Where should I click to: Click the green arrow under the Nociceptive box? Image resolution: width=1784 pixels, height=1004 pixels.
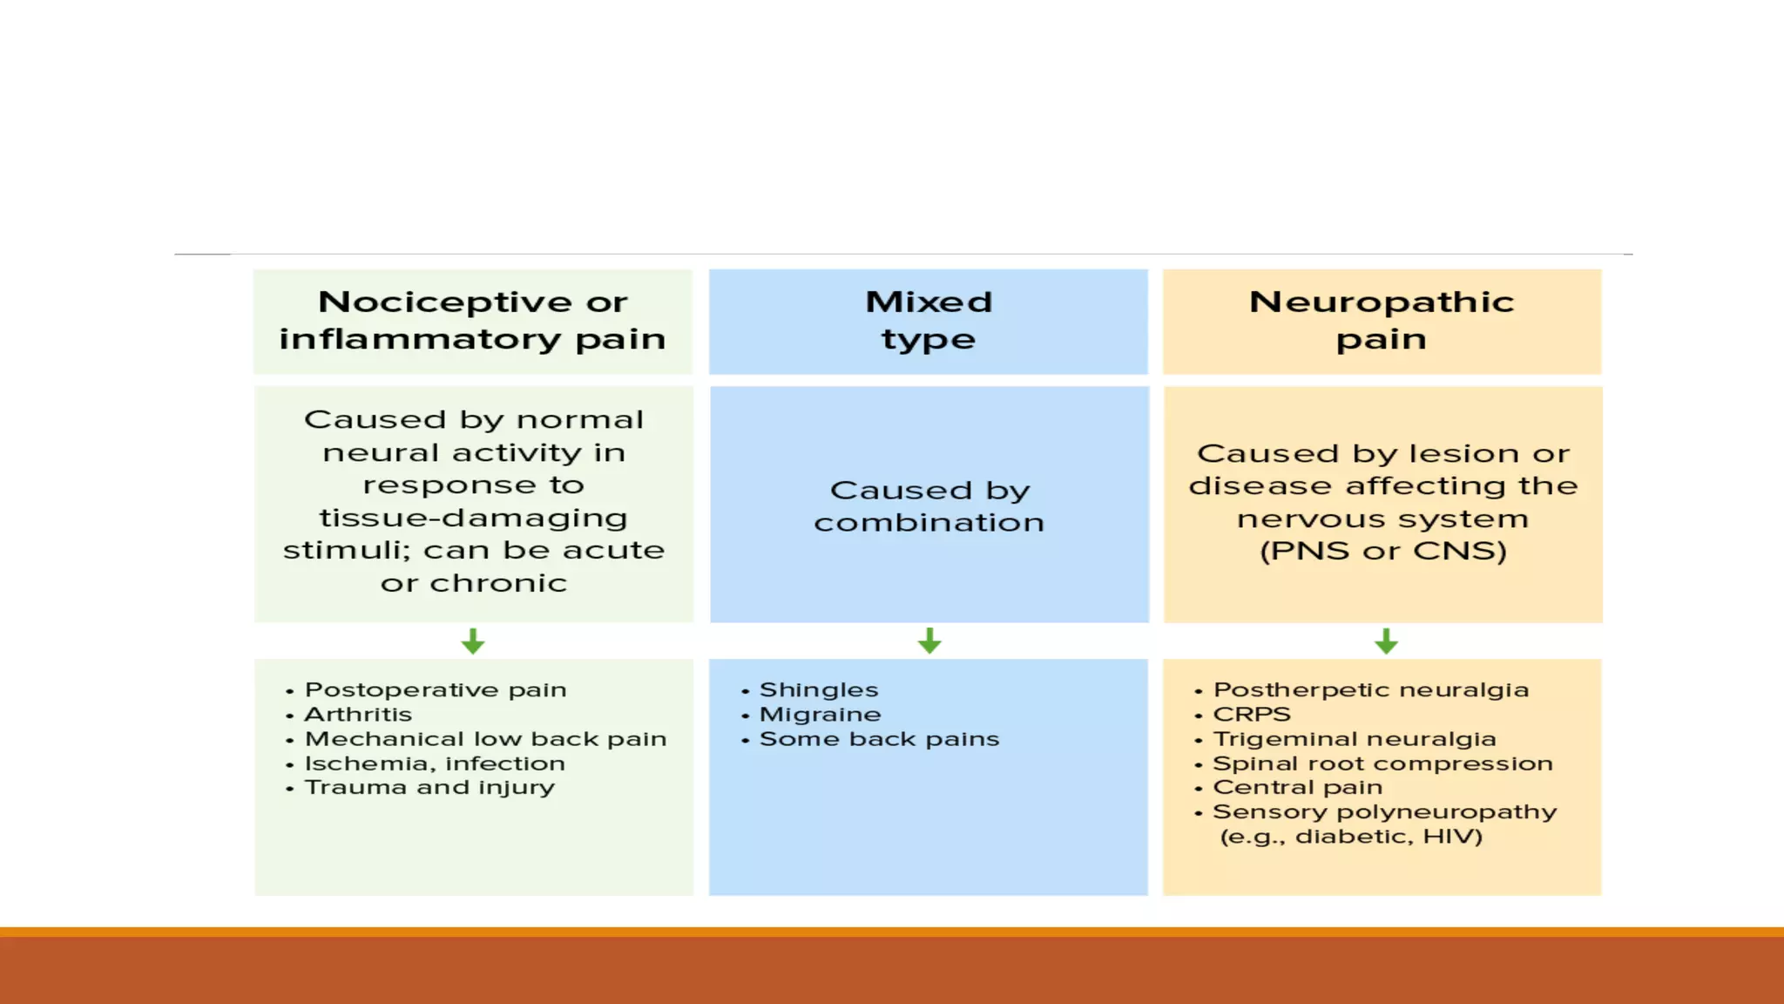tap(473, 641)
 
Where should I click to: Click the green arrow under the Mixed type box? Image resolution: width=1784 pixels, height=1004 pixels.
tap(929, 641)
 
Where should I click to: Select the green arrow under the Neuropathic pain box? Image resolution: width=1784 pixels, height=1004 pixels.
tap(1386, 641)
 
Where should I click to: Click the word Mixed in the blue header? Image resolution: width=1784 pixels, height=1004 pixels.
tap(929, 302)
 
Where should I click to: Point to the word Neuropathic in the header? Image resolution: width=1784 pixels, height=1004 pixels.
tap(1382, 302)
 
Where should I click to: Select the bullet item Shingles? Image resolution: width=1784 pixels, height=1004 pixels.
tap(819, 690)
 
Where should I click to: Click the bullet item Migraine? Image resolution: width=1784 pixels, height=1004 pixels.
tap(820, 715)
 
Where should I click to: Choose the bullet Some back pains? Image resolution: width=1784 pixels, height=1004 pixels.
tap(879, 739)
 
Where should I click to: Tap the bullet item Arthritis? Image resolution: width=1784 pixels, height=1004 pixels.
tap(358, 715)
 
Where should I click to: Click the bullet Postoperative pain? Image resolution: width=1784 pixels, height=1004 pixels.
tap(436, 690)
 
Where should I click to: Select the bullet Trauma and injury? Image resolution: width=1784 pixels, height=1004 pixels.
tap(429, 788)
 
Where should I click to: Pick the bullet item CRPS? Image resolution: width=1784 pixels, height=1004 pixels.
tap(1252, 715)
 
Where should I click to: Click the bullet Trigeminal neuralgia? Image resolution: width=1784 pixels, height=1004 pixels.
tap(1355, 739)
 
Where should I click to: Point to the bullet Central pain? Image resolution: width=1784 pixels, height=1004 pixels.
tap(1297, 788)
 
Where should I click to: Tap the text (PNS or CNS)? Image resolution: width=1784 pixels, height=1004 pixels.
tap(1383, 551)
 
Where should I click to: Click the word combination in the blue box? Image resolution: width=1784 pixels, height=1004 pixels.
tap(929, 523)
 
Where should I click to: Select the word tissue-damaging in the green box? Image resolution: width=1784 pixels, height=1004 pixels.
tap(473, 518)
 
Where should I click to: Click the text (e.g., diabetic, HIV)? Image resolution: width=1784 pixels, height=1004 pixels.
tap(1351, 837)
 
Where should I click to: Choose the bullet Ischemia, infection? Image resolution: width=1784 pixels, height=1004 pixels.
tap(435, 763)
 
